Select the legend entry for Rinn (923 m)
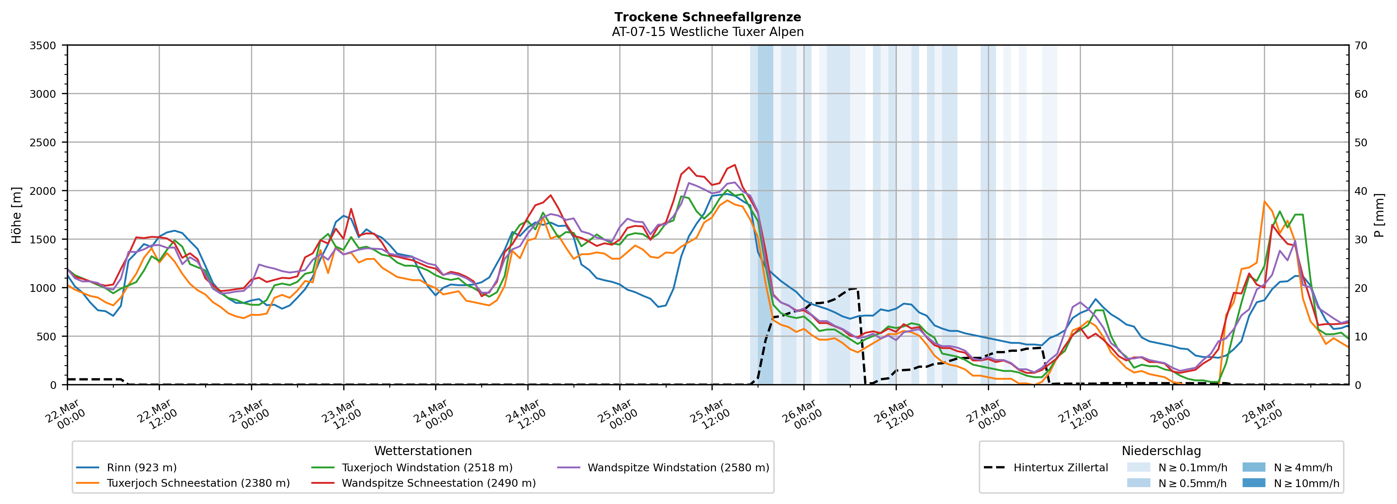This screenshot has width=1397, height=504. (x=141, y=468)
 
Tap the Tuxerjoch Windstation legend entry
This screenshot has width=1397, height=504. (x=427, y=468)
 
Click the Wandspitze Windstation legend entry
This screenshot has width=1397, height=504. (x=678, y=468)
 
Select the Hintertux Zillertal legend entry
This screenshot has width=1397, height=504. (x=1060, y=468)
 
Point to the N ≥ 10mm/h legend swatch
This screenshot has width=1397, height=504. (x=1253, y=483)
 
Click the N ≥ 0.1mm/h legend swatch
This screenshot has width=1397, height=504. (x=1138, y=468)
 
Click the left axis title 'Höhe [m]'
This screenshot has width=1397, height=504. (x=17, y=215)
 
